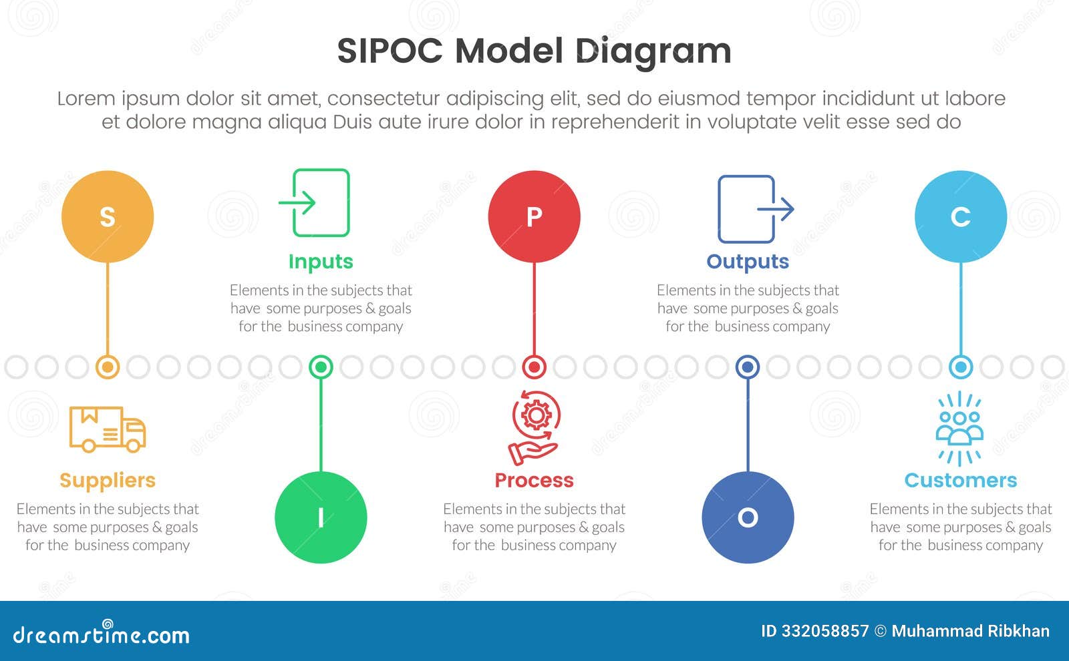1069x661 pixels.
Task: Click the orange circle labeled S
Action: click(108, 216)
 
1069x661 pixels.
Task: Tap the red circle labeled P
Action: click(534, 216)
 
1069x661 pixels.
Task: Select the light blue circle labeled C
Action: click(961, 216)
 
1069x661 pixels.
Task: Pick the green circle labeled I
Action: click(321, 517)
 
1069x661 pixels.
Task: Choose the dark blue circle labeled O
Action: click(748, 517)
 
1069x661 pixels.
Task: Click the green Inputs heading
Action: click(321, 262)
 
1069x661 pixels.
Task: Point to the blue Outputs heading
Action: click(748, 262)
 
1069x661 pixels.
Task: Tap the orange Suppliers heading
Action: click(108, 480)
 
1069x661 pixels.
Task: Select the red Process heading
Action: click(534, 480)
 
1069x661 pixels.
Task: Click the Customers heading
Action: click(961, 480)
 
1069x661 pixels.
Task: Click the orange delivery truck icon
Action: click(108, 429)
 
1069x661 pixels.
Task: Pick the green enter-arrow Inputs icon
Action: click(315, 202)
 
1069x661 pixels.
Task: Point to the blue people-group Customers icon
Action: click(960, 428)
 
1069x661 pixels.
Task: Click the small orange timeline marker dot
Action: click(108, 367)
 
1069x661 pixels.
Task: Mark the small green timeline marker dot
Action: click(321, 367)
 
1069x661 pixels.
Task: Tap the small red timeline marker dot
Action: click(534, 367)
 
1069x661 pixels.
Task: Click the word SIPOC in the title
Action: click(390, 51)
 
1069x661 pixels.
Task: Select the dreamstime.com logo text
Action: click(101, 634)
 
